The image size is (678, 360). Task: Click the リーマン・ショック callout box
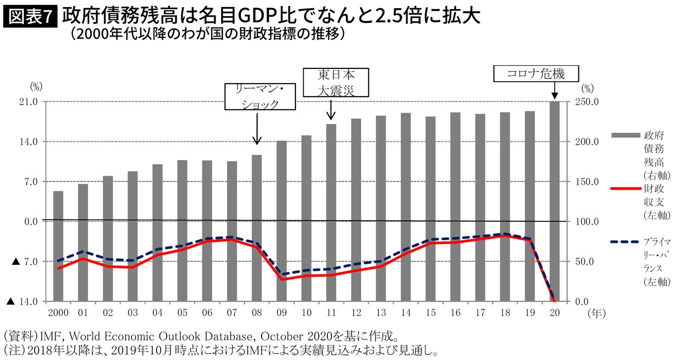pos(260,97)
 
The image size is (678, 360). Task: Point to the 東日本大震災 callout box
pos(335,83)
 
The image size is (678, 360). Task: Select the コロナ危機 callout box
pos(536,74)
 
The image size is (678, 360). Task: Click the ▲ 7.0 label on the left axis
pos(24,262)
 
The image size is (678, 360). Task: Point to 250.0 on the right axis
pos(589,102)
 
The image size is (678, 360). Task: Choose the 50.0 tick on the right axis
pos(589,262)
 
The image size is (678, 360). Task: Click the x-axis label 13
pos(380,313)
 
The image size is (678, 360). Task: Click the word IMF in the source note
pos(51,335)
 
